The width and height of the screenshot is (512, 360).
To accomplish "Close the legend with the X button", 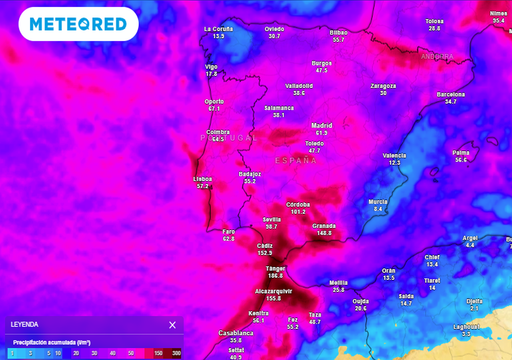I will click(x=172, y=325).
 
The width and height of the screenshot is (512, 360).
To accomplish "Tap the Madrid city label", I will click(x=321, y=125).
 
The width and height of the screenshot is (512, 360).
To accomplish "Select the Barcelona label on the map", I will click(x=451, y=93).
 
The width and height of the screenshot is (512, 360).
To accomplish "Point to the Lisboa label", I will click(x=202, y=178).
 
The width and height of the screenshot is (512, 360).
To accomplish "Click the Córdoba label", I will click(x=298, y=204).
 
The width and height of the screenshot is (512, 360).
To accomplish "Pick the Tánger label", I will click(x=275, y=268).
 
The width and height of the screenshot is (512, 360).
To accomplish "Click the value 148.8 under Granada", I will click(x=323, y=233).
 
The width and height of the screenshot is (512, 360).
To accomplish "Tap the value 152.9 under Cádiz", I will click(x=265, y=252).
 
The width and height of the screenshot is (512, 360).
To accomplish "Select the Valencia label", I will click(x=395, y=155).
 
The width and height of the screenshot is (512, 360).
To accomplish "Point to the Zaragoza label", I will click(x=384, y=85).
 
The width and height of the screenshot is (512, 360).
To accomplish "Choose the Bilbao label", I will click(x=338, y=32).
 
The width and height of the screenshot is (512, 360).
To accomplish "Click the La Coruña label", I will click(x=218, y=29).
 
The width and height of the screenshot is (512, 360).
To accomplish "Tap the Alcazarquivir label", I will click(x=273, y=291).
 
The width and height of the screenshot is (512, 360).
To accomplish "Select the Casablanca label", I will click(x=236, y=332).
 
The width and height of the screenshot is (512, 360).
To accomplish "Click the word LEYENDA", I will click(x=24, y=325).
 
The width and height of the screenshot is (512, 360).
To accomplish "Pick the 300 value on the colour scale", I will click(x=177, y=353).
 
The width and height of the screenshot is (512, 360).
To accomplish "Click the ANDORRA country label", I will click(x=437, y=57).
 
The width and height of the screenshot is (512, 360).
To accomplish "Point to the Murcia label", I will click(x=378, y=201).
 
